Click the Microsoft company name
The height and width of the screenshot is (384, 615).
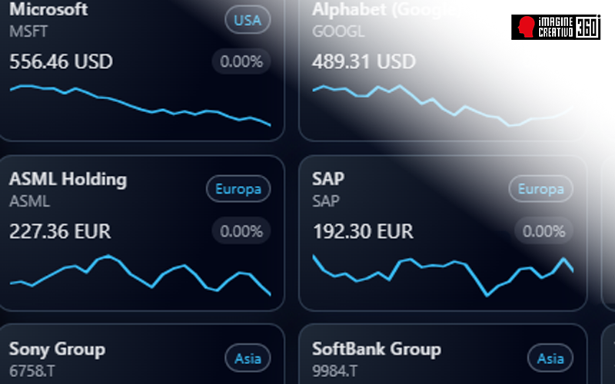coord(48,10)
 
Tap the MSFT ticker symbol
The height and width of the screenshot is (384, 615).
coord(29,31)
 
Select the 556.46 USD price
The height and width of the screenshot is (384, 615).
coord(61,61)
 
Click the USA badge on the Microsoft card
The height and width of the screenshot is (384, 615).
coord(247,20)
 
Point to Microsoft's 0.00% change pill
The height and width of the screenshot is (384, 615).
coord(241,61)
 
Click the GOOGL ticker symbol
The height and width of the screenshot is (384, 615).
coord(339,31)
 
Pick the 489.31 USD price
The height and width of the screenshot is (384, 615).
coord(364,61)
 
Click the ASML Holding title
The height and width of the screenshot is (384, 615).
coord(68,179)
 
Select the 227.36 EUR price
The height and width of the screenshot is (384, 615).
coord(60,230)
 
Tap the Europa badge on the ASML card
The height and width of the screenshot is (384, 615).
coord(238,189)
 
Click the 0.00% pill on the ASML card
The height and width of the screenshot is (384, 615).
coord(241,230)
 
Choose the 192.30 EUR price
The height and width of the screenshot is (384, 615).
coord(363,230)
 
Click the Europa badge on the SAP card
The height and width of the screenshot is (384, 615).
coord(541,189)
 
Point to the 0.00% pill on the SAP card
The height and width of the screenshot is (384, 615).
coord(544,230)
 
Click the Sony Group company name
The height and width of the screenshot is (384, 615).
coord(57,349)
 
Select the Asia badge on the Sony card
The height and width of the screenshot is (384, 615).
coord(248,358)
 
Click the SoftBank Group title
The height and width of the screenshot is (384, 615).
coord(377,349)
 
